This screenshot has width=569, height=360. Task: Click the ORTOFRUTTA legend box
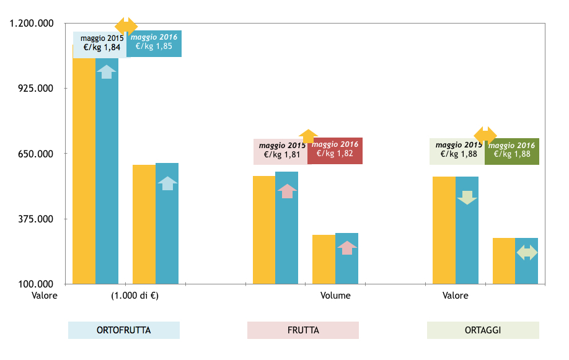[x=123, y=330]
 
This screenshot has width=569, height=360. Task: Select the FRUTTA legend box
[x=303, y=330]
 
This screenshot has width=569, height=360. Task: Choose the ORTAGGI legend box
[x=483, y=330]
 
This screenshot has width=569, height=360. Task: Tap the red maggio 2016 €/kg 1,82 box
[x=335, y=151]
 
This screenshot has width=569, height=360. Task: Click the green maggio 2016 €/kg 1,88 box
[x=512, y=151]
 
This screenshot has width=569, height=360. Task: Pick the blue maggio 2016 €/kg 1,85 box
[x=154, y=43]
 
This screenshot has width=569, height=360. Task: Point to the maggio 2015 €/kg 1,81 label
[x=281, y=151]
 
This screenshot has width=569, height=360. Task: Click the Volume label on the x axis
[x=335, y=296]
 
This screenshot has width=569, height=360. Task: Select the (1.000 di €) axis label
[x=135, y=296]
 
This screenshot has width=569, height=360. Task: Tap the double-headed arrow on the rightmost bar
[x=527, y=252]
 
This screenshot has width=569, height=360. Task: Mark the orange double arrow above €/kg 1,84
[x=126, y=25]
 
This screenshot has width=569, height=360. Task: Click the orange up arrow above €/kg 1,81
[x=308, y=136]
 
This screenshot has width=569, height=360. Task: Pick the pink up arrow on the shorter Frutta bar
[x=347, y=248]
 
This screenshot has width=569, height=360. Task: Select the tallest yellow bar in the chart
[x=84, y=167]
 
